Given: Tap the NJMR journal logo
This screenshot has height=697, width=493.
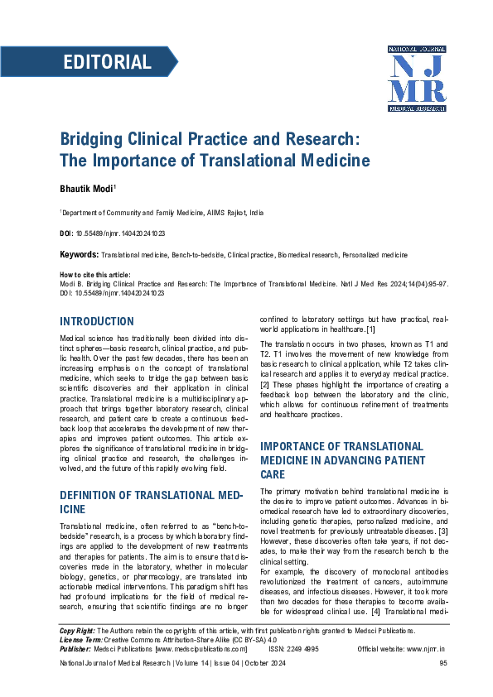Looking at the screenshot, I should point(417,79).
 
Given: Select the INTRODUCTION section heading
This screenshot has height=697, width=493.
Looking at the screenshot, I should point(96,321).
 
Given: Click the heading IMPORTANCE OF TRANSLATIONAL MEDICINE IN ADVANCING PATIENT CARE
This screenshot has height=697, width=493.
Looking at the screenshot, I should point(341,460).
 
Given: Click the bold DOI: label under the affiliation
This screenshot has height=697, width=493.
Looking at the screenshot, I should point(66,234).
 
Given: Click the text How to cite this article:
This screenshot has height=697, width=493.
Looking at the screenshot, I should point(95,275).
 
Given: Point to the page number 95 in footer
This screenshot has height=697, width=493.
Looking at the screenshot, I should point(443,686).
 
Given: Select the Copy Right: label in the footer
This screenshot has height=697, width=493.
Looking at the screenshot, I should point(77,653).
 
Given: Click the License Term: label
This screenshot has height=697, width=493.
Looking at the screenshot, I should point(81,662).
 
